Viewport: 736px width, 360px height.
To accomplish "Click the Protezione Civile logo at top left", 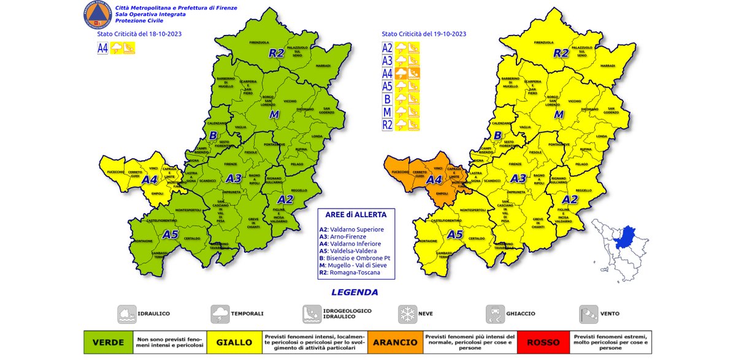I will (x=95, y=15).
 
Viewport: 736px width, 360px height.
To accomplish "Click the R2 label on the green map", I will (x=277, y=53).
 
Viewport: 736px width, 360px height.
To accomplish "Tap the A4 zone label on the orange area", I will (x=434, y=180).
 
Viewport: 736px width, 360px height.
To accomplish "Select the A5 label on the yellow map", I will (x=454, y=234).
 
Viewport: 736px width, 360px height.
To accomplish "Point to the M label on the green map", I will (x=274, y=115).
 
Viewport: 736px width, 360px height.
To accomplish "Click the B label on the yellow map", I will (x=498, y=136).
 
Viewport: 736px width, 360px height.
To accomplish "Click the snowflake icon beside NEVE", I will (x=407, y=313).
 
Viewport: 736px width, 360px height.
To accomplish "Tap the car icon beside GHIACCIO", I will (x=495, y=313).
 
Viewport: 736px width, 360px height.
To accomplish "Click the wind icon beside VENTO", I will (x=588, y=313).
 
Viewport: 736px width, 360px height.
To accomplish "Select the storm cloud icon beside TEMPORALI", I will (x=219, y=313).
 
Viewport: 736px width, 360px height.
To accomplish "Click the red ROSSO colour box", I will (x=543, y=342).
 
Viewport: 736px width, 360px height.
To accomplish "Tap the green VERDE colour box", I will (x=108, y=342).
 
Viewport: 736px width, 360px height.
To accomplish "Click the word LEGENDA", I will (x=355, y=293).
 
